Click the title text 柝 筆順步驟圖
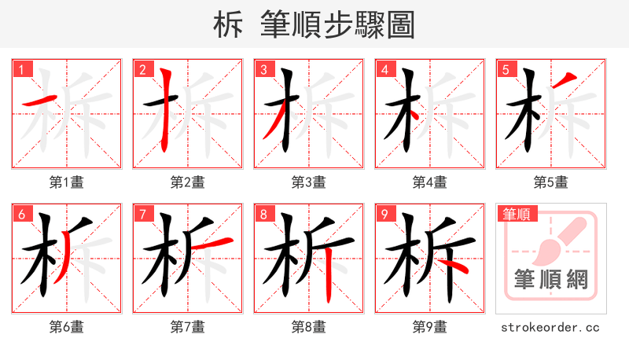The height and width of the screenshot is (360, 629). tap(314, 24)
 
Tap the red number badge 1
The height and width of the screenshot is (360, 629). tap(20, 70)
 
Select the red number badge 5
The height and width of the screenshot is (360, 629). tap(505, 70)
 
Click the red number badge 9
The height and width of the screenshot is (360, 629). tap(384, 215)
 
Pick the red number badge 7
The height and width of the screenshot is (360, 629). tap(142, 215)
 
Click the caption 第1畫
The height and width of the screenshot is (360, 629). tap(67, 182)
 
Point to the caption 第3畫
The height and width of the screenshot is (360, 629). tap(309, 182)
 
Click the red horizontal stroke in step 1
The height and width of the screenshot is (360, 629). tap(40, 101)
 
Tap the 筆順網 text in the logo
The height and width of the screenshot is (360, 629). tap(551, 280)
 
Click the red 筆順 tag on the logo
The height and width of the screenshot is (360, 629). tap(517, 214)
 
